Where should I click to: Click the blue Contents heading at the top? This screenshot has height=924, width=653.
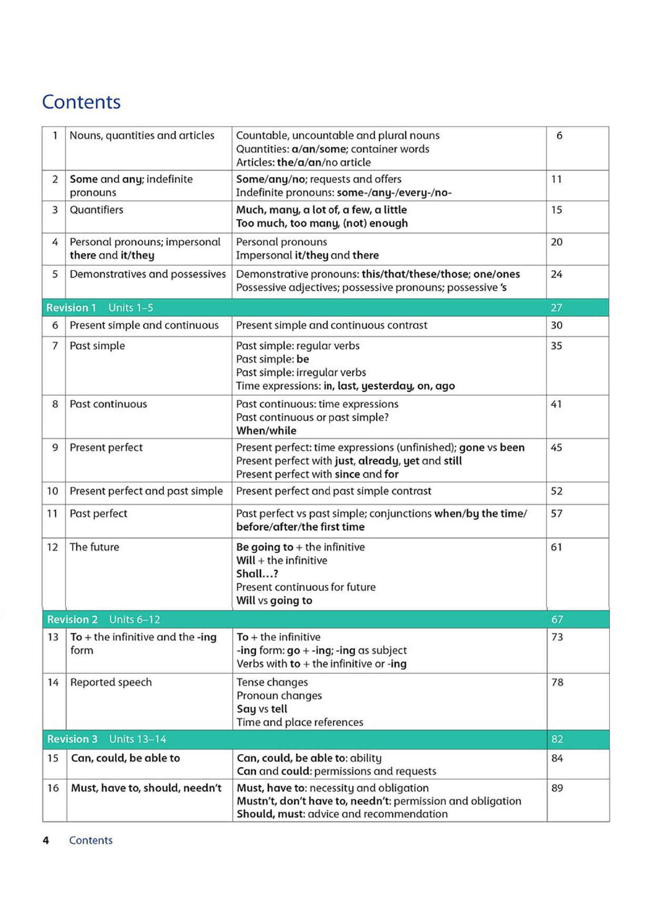pyautogui.click(x=81, y=102)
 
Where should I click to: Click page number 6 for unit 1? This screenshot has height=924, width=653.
pyautogui.click(x=559, y=135)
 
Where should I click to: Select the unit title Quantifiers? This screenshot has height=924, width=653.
pyautogui.click(x=96, y=210)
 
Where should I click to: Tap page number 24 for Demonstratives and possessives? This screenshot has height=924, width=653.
pyautogui.click(x=556, y=274)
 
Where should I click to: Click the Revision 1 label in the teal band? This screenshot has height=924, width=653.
pyautogui.click(x=71, y=308)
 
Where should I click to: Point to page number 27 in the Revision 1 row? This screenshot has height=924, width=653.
pyautogui.click(x=556, y=308)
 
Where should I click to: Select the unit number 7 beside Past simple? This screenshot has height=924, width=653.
pyautogui.click(x=55, y=346)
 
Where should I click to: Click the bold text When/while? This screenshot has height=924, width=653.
pyautogui.click(x=266, y=430)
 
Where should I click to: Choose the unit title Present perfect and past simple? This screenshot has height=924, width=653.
pyautogui.click(x=146, y=491)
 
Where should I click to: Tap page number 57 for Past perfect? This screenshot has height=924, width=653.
pyautogui.click(x=556, y=513)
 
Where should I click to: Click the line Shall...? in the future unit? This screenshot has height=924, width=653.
pyautogui.click(x=257, y=574)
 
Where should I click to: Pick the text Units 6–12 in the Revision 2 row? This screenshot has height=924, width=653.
pyautogui.click(x=135, y=620)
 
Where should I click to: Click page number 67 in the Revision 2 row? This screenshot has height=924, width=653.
pyautogui.click(x=557, y=620)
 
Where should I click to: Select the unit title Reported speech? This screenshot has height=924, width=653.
pyautogui.click(x=111, y=682)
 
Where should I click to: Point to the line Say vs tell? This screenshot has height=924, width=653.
pyautogui.click(x=262, y=709)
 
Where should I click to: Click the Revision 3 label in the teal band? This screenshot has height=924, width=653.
pyautogui.click(x=72, y=739)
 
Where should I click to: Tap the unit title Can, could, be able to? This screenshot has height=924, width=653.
pyautogui.click(x=125, y=758)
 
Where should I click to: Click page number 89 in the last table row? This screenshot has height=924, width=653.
pyautogui.click(x=557, y=788)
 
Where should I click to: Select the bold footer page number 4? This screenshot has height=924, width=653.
pyautogui.click(x=46, y=840)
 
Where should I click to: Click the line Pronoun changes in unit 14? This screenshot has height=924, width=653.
pyautogui.click(x=279, y=695)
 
